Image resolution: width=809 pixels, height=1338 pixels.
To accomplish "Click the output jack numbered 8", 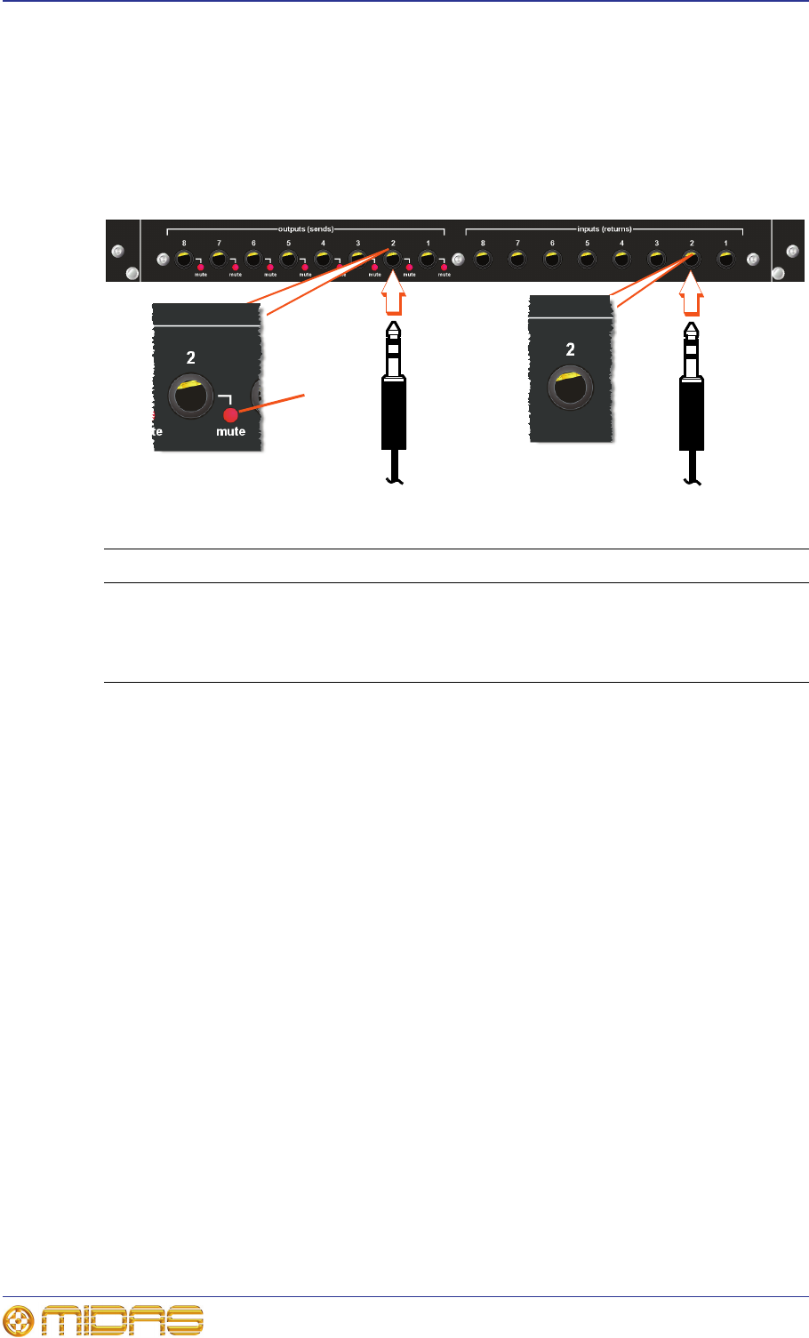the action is [183, 260].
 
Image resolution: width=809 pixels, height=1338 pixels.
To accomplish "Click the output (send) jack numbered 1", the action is [428, 260].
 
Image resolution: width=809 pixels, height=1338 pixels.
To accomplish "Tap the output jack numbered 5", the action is [288, 260].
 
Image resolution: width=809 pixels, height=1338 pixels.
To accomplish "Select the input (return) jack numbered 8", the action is [483, 260].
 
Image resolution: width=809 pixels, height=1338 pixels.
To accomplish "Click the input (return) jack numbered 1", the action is [726, 260].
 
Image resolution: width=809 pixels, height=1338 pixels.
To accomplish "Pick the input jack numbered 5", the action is [587, 260].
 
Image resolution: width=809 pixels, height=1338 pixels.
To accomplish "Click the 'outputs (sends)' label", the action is [305, 229].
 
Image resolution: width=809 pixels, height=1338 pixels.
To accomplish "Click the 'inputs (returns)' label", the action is [605, 229].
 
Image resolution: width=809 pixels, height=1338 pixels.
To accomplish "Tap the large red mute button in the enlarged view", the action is [230, 414].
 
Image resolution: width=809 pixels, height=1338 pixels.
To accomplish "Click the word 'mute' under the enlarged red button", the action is [230, 432].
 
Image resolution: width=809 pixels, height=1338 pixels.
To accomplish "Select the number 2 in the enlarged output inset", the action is [190, 358].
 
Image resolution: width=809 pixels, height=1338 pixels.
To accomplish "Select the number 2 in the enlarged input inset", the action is [570, 349].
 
